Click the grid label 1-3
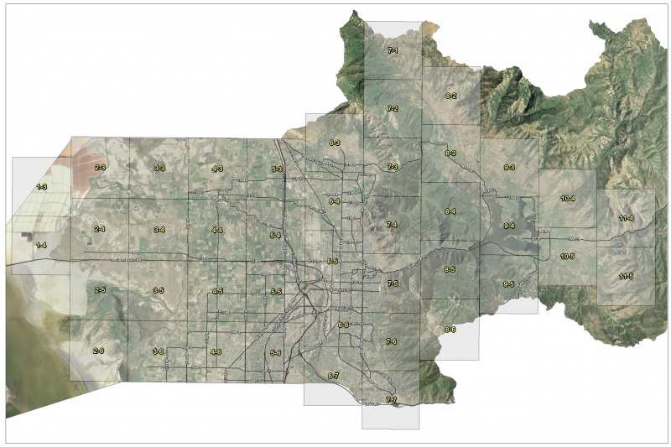(41, 185)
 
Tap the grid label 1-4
(41, 244)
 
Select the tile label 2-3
(99, 168)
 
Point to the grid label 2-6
(99, 351)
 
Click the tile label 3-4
(159, 229)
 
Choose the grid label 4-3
(217, 169)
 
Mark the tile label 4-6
(216, 351)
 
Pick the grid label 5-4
(275, 236)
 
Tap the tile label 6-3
(334, 143)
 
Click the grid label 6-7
(333, 375)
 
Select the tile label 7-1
(392, 50)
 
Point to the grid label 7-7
(391, 399)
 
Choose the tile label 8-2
(450, 96)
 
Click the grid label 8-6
(450, 329)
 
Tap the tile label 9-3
(509, 169)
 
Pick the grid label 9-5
(508, 284)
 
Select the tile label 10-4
(567, 199)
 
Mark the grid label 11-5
(626, 276)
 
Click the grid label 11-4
(626, 218)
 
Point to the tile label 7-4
(392, 226)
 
